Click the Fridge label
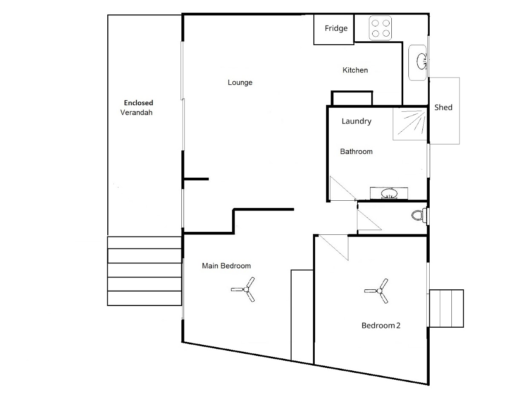(336, 29)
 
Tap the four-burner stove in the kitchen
(380, 28)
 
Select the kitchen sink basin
(422, 61)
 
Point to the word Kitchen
(355, 70)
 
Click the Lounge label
(240, 83)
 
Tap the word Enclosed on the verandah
(138, 103)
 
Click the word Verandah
(136, 113)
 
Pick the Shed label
(443, 107)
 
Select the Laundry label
(356, 121)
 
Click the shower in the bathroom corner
(410, 124)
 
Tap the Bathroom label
(356, 152)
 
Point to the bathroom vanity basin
(389, 193)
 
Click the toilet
(419, 215)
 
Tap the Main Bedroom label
(226, 265)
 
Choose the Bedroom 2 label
(381, 326)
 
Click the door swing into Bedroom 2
(333, 247)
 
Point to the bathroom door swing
(343, 188)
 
